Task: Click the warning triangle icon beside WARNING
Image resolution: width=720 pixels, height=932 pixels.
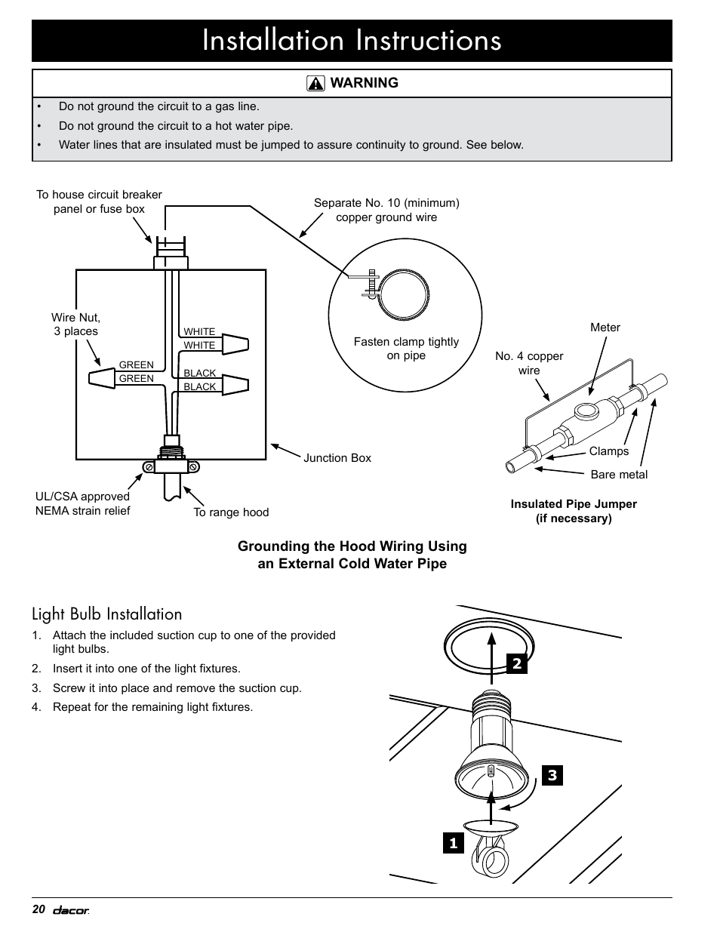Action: click(315, 84)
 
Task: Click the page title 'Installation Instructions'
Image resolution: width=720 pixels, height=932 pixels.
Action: click(352, 41)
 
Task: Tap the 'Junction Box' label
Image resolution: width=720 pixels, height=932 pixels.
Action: click(337, 458)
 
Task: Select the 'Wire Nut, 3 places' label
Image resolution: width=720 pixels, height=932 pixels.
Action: click(75, 325)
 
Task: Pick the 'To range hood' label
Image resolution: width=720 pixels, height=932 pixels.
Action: click(231, 512)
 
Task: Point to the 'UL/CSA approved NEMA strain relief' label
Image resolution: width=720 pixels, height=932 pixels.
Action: click(83, 503)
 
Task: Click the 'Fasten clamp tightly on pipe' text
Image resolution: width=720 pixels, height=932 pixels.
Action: click(406, 349)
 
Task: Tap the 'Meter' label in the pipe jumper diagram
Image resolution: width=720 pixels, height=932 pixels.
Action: click(605, 328)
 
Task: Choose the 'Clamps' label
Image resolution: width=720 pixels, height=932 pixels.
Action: click(609, 451)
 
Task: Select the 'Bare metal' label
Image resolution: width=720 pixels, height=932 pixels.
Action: click(619, 475)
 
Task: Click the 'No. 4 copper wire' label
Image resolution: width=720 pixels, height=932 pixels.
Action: click(529, 363)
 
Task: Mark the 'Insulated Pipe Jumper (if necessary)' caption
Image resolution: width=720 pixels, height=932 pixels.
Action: click(574, 511)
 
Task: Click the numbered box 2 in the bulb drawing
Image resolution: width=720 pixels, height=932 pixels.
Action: click(517, 663)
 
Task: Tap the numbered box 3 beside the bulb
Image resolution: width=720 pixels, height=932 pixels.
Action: click(552, 775)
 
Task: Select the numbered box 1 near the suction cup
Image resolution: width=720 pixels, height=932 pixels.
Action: click(453, 843)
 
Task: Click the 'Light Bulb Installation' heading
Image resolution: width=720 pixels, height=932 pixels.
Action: click(107, 614)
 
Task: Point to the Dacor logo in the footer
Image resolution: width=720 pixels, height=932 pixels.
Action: click(71, 911)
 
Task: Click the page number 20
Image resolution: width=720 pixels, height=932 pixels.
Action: click(39, 910)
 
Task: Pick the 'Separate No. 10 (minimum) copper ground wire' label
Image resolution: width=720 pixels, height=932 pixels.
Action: click(386, 210)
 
